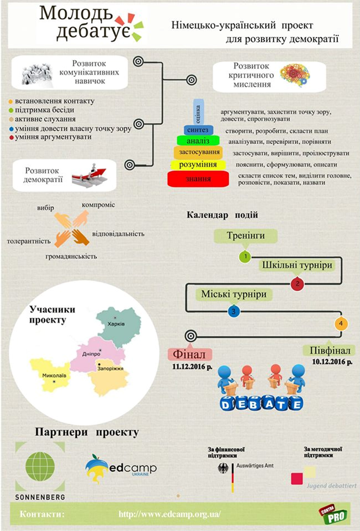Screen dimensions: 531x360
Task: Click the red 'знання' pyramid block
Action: [198, 179]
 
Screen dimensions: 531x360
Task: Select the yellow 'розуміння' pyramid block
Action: [198, 165]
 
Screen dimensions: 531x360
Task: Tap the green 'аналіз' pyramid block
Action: [198, 141]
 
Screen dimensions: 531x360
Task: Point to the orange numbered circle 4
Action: [341, 323]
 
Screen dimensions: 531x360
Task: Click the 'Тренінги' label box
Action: [245, 236]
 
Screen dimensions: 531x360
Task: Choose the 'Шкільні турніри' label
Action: [297, 265]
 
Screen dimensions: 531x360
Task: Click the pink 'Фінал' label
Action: [189, 354]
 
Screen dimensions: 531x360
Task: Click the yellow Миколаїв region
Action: [52, 373]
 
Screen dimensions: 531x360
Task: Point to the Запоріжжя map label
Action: [111, 368]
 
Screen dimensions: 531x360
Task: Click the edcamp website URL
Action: [170, 514]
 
